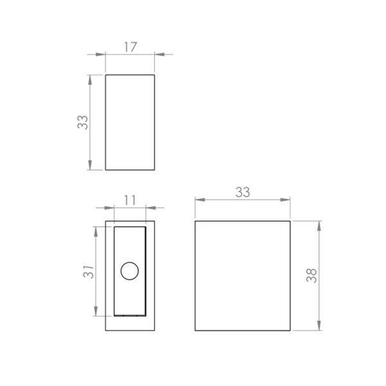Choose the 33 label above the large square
pyautogui.click(x=243, y=192)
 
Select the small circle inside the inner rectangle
pyautogui.click(x=129, y=271)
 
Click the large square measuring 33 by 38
pyautogui.click(x=243, y=275)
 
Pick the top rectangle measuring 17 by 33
pyautogui.click(x=130, y=122)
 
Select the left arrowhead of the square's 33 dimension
pyautogui.click(x=199, y=200)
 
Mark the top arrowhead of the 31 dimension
pyautogui.click(x=96, y=230)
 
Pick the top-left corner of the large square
pyautogui.click(x=196, y=221)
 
